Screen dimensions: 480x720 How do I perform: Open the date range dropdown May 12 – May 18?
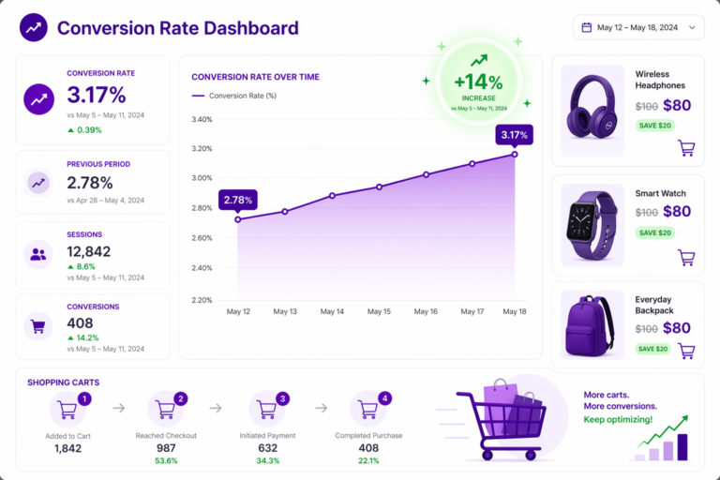point(637,27)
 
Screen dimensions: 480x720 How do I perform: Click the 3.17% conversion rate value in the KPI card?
point(96,95)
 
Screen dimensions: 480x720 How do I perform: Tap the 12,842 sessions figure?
point(89,251)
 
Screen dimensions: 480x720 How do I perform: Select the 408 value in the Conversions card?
point(81,323)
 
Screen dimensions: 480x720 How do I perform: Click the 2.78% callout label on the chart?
point(237,200)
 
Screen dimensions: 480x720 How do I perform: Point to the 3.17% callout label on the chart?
point(514,135)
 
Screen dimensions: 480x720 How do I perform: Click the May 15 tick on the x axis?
point(379,311)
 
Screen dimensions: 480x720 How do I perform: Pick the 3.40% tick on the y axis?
point(202,119)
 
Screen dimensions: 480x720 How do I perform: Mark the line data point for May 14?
point(332,196)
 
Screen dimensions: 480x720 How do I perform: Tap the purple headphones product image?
point(592,105)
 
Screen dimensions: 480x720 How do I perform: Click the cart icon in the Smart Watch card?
point(686,257)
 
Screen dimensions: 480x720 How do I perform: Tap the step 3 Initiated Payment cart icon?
point(267,409)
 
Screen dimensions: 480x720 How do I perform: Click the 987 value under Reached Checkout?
point(166,449)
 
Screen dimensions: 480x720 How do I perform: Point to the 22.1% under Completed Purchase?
point(368,461)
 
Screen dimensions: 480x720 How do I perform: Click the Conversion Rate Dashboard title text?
point(178,27)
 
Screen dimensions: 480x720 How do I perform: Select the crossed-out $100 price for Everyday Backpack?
point(646,329)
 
